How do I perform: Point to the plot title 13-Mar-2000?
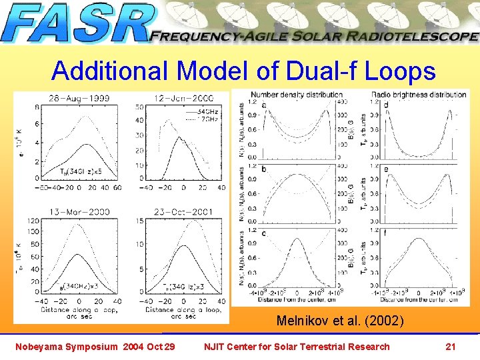[x=79, y=212]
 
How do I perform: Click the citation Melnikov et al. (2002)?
[x=340, y=321]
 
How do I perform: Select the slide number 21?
[x=450, y=346]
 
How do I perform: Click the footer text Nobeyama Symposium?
[x=65, y=346]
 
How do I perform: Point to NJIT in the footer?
[x=217, y=346]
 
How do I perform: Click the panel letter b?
[x=264, y=170]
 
